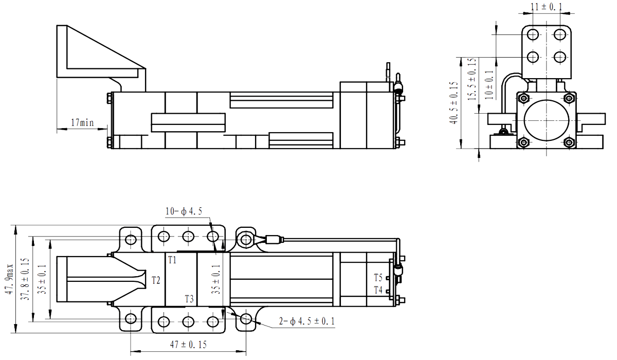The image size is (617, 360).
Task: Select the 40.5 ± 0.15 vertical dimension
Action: pyautogui.click(x=453, y=103)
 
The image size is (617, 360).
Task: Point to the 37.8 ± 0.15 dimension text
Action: pyautogui.click(x=24, y=280)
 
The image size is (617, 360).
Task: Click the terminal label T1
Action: pyautogui.click(x=172, y=260)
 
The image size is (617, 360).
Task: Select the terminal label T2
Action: pyautogui.click(x=156, y=280)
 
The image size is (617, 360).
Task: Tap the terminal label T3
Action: pyautogui.click(x=189, y=299)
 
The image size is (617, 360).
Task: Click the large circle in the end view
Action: pyautogui.click(x=547, y=120)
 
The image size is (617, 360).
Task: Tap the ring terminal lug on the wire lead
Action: pyautogui.click(x=246, y=238)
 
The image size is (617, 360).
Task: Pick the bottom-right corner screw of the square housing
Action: pyautogui.click(x=569, y=143)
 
